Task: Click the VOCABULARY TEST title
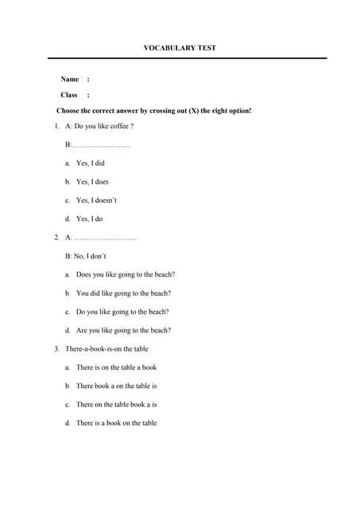click(x=180, y=49)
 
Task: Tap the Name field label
click(x=70, y=80)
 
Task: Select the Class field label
click(x=69, y=95)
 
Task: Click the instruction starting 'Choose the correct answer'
click(x=154, y=111)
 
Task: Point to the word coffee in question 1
click(x=117, y=126)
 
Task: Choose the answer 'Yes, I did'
click(x=90, y=164)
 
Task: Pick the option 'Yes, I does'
click(x=92, y=182)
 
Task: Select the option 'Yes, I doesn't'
click(x=96, y=200)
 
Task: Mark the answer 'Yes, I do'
click(x=89, y=219)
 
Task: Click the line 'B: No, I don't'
click(x=86, y=256)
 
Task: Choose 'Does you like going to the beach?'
click(x=126, y=274)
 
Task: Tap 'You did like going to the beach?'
click(x=123, y=293)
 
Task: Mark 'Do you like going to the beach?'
click(x=122, y=312)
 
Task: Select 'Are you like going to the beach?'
click(x=123, y=330)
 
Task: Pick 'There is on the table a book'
click(x=116, y=367)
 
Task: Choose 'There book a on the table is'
click(x=116, y=386)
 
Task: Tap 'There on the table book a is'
click(x=116, y=404)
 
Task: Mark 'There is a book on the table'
click(x=116, y=423)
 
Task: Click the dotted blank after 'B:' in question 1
click(x=102, y=146)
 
